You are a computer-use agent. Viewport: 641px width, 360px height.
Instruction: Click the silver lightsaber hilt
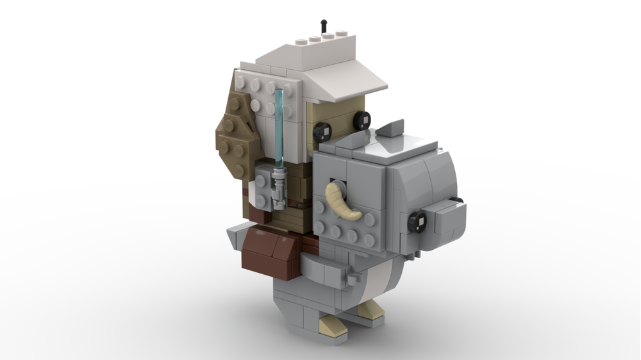pos(278,189)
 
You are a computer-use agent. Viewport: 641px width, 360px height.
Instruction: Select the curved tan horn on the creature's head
pos(343,199)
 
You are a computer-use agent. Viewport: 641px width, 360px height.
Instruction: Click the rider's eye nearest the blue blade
pos(322,132)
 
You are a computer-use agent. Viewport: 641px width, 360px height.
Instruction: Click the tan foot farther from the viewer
pos(370,311)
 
